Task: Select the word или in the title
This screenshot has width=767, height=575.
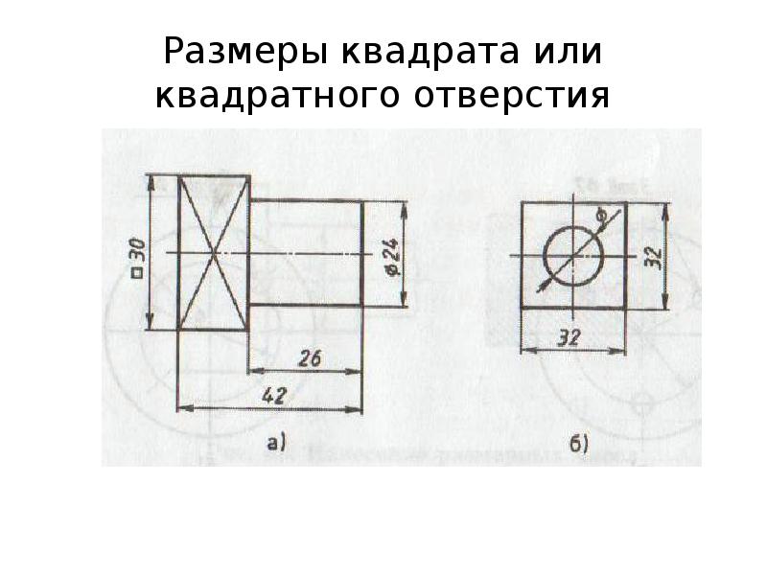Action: point(568,52)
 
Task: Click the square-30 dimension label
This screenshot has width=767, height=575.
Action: point(138,258)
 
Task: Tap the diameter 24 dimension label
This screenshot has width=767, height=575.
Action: point(392,257)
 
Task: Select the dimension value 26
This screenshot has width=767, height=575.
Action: point(309,358)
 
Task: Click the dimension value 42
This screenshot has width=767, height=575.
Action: point(274,396)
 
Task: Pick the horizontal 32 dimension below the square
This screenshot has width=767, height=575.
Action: point(569,337)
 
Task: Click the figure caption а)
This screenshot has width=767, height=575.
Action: point(275,443)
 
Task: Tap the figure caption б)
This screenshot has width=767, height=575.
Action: point(579,444)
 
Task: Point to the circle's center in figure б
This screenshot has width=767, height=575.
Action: point(572,256)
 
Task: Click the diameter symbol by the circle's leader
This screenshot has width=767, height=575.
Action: point(602,215)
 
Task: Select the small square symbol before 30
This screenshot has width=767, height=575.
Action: point(138,273)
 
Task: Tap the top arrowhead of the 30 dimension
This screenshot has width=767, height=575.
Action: point(151,183)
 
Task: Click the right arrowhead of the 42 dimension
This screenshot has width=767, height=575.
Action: point(355,410)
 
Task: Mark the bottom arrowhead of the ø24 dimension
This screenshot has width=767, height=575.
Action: point(404,299)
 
